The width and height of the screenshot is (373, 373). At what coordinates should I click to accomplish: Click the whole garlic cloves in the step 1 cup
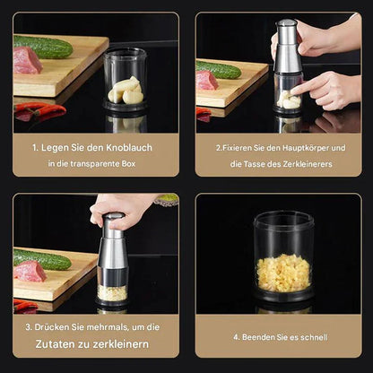pyautogui.click(x=126, y=91)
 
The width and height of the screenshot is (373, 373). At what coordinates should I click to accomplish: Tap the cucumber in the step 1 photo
pyautogui.click(x=43, y=47)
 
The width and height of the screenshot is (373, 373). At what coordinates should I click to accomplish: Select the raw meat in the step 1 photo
pyautogui.click(x=27, y=61)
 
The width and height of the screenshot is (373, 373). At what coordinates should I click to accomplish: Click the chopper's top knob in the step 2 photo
pyautogui.click(x=287, y=24)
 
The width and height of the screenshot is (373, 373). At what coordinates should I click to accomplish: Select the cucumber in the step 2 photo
pyautogui.click(x=220, y=70)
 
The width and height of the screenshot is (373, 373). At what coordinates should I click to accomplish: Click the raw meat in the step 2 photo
pyautogui.click(x=207, y=81)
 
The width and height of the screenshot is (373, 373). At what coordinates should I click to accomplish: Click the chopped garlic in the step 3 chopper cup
pyautogui.click(x=112, y=292)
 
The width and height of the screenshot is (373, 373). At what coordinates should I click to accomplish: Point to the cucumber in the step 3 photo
pyautogui.click(x=42, y=260)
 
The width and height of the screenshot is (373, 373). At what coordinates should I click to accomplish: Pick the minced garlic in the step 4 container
pyautogui.click(x=283, y=273)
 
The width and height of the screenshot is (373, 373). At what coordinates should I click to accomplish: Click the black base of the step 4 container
pyautogui.click(x=283, y=295)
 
